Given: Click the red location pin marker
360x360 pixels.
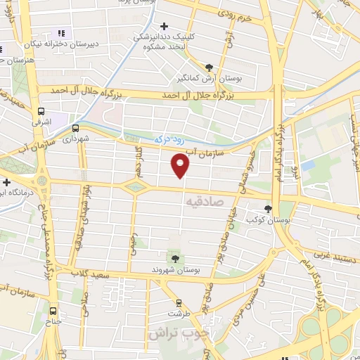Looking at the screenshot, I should (181, 165).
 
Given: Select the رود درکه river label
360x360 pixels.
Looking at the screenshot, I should (171, 140).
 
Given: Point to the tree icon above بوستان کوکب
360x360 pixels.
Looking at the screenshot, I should (267, 208).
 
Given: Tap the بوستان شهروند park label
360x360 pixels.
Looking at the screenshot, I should (175, 269).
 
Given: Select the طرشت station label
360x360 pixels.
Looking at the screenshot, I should (179, 314).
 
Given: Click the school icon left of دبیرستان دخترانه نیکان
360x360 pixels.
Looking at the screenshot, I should (60, 32).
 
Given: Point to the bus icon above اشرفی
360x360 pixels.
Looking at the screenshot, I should (41, 111).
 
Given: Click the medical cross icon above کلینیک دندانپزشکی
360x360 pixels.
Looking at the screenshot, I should (163, 26).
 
